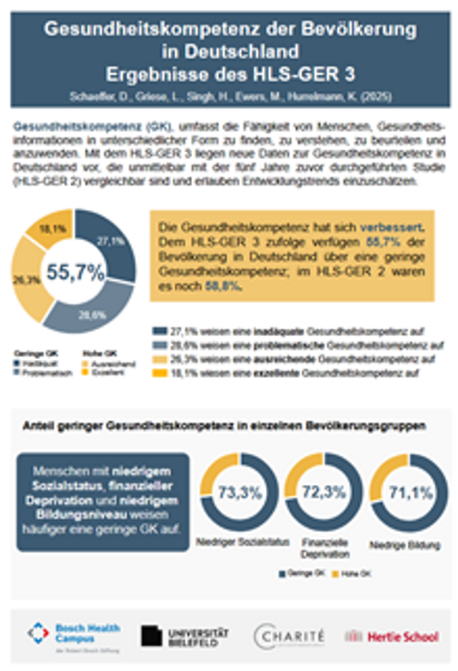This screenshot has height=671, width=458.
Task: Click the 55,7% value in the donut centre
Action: pyautogui.click(x=75, y=272)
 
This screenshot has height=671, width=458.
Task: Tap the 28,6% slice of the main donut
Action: pyautogui.click(x=91, y=313)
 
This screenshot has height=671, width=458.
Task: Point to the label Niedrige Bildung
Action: pyautogui.click(x=408, y=545)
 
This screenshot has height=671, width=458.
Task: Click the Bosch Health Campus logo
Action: pyautogui.click(x=74, y=634)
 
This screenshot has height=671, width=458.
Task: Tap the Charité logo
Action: pyautogui.click(x=289, y=635)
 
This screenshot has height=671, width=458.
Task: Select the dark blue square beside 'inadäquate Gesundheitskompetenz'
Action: pyautogui.click(x=157, y=331)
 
